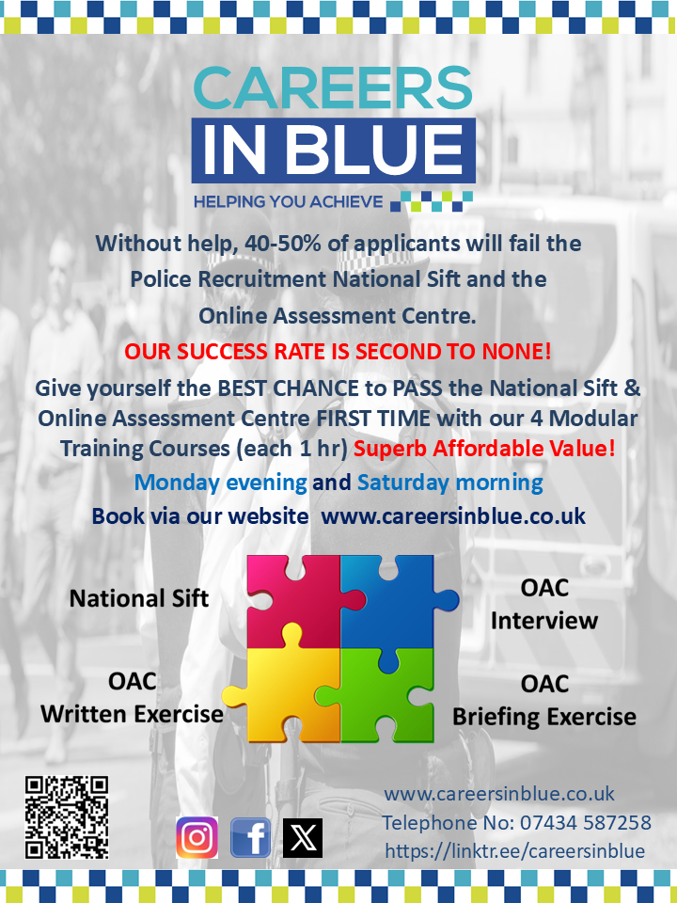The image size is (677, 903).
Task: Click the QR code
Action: pos(67,817)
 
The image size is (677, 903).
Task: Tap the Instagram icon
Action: pos(197,837)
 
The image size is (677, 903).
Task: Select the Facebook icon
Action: pos(250,837)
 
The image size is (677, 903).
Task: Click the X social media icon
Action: pos(303,837)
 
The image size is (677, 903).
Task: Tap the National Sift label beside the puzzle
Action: pos(139,598)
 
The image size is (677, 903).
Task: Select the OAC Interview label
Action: pos(544,604)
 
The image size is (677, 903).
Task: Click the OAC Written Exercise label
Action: pos(132,698)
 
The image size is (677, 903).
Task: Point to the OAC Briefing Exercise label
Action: pos(544,701)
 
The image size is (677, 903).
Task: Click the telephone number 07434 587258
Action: pos(586,822)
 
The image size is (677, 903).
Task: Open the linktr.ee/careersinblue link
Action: pos(514,851)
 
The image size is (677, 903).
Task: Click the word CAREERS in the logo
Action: pos(333,87)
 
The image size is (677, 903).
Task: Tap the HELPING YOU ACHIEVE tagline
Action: pos(288,201)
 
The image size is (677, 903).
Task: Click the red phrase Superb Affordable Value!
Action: pos(484,449)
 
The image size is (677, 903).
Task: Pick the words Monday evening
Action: pos(220,483)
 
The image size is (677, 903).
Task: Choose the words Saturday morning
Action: pos(450,483)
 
